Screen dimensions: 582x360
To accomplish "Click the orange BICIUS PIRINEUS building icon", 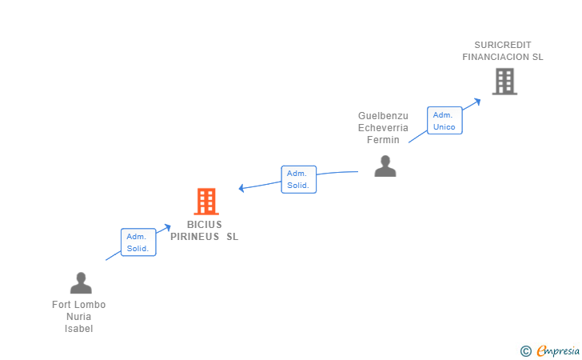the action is click(x=206, y=202).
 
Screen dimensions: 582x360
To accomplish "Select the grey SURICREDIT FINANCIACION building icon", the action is click(x=504, y=82).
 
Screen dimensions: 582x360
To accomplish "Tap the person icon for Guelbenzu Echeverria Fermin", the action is click(x=385, y=166).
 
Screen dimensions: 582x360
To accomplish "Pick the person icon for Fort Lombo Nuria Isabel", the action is click(x=81, y=283).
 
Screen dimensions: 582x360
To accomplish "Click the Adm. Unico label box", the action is click(x=444, y=120).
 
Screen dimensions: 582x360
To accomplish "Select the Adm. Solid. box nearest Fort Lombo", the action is click(x=138, y=242).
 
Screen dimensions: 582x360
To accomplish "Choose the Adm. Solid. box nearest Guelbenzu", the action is click(x=299, y=179).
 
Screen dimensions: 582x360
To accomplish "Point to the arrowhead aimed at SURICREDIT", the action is click(x=477, y=102).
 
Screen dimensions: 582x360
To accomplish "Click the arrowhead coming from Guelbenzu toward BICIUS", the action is click(x=241, y=188).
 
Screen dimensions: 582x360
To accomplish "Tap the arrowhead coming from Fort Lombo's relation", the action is click(x=168, y=227).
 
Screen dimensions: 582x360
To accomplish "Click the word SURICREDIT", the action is click(x=503, y=45).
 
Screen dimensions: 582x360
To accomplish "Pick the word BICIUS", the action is click(x=205, y=225).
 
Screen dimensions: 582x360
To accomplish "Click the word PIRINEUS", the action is click(x=195, y=237).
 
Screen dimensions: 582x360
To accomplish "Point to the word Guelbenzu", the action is click(x=383, y=116).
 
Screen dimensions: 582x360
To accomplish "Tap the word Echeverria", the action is click(x=383, y=128).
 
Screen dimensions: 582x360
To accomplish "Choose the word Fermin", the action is click(x=383, y=140).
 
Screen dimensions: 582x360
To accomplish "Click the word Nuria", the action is click(x=78, y=317).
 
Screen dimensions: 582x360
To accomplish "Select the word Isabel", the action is click(x=78, y=329).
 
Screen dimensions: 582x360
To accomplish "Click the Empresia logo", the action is click(x=550, y=350).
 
